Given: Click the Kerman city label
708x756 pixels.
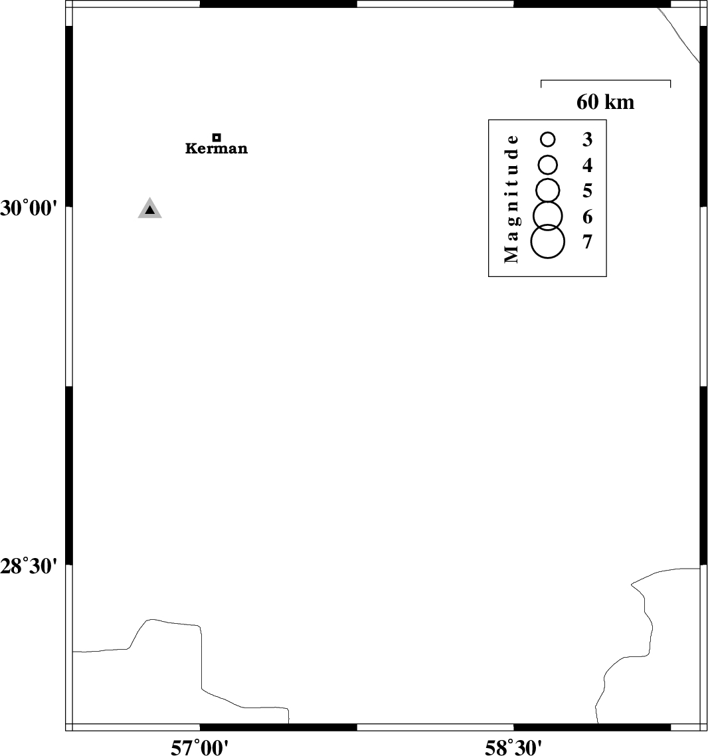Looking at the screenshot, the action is [217, 148].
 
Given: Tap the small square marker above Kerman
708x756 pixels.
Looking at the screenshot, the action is [217, 138].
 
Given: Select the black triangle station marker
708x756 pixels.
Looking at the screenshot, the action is [150, 209].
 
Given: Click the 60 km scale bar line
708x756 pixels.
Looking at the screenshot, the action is [606, 80].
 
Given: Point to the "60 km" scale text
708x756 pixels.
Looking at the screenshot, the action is [605, 102].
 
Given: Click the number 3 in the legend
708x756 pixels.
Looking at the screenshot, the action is [587, 140].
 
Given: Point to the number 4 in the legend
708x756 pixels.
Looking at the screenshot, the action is [587, 165].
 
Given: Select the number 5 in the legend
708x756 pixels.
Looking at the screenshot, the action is [587, 191].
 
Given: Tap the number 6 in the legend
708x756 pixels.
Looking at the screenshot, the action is [587, 217].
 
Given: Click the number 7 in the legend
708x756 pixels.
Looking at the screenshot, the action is [587, 242].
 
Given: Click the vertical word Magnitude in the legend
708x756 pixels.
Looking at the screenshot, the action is [511, 199].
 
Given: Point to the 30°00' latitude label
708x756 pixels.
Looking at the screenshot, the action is [29, 209].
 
